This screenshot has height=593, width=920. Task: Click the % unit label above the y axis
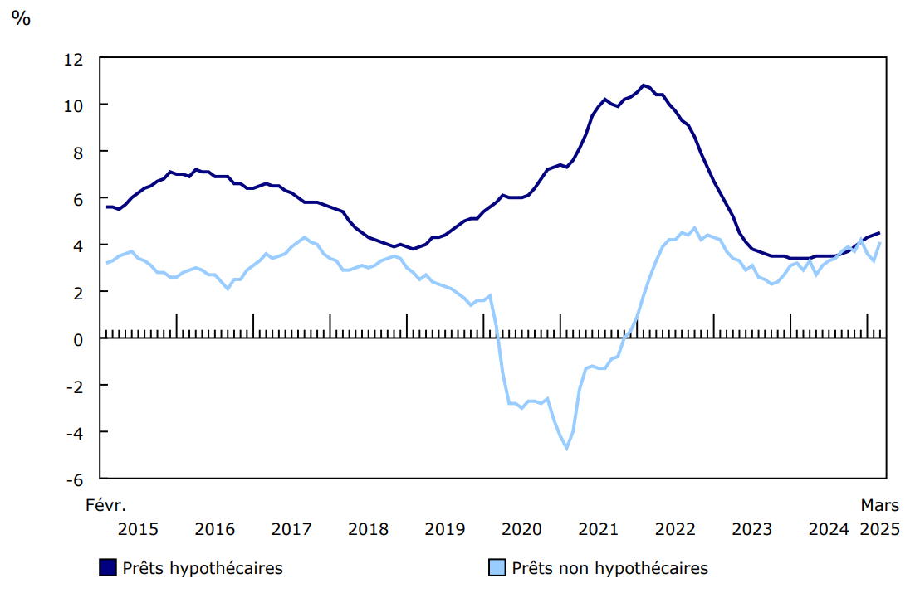[20, 19]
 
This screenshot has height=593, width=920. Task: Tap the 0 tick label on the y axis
[79, 339]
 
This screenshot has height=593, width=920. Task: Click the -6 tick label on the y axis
[75, 479]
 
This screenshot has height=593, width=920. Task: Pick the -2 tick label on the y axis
[75, 386]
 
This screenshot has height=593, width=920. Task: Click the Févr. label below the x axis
[106, 504]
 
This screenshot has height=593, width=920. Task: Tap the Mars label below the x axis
[879, 504]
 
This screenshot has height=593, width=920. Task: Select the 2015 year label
[138, 529]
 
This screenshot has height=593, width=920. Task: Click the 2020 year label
[521, 529]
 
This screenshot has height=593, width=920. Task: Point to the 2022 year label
[675, 529]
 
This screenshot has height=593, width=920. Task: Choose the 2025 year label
[879, 529]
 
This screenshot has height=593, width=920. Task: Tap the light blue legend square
[496, 568]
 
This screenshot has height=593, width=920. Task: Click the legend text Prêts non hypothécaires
[609, 568]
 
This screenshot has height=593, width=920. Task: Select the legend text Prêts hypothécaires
[203, 568]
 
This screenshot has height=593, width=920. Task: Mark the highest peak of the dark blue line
[644, 85]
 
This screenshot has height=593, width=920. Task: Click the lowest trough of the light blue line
[567, 449]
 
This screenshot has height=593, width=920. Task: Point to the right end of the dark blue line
[879, 233]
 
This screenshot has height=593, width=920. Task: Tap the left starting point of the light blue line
[107, 263]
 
